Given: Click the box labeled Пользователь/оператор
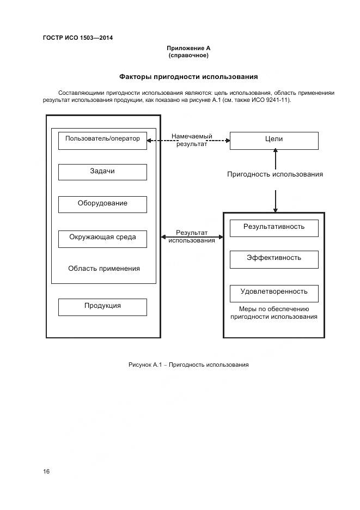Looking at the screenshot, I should click(102, 140).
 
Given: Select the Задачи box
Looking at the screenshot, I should click(102, 172).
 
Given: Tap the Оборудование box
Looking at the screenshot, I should click(102, 204).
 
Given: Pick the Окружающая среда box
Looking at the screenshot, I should click(102, 238).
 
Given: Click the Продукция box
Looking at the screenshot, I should click(102, 306).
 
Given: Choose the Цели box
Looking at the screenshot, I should click(273, 140).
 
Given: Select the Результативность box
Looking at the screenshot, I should click(273, 228).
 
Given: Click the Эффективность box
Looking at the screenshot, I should click(273, 259).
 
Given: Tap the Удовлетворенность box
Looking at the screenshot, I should click(273, 292).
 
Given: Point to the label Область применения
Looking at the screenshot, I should click(103, 269).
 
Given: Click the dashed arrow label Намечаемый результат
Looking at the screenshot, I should click(192, 140).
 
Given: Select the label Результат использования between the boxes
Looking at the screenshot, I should click(192, 236).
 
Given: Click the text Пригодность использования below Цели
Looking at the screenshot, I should click(274, 174).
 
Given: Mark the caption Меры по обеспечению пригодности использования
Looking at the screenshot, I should click(273, 313).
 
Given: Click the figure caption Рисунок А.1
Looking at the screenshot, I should click(188, 365).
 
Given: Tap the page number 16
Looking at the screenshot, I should click(46, 471).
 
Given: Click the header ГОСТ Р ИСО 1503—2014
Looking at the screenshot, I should click(77, 38).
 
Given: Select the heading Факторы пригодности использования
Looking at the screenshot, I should click(188, 77).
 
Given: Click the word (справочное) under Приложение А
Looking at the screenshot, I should click(188, 56).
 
